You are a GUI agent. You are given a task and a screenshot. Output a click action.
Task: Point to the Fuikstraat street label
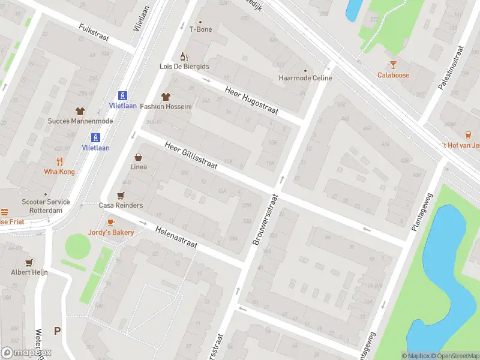[94, 32]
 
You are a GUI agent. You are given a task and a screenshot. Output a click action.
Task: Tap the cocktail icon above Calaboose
[393, 65]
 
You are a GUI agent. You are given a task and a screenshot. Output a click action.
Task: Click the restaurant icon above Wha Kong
[59, 161]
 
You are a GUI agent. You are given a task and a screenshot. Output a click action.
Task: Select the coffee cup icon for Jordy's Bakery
[111, 222]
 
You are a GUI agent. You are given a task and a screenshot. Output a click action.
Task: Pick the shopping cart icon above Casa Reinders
[121, 195]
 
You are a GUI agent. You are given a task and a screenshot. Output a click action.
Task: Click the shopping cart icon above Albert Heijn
[29, 262]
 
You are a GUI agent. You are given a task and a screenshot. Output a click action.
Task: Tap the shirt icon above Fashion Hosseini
[166, 96]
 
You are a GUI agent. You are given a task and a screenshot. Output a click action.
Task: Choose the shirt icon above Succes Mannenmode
[80, 111]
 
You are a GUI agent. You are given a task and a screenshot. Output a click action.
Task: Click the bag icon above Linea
[138, 157]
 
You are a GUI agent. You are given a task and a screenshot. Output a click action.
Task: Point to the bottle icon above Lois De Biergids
[184, 56]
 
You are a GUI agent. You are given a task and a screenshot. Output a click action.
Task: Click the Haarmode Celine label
[305, 78]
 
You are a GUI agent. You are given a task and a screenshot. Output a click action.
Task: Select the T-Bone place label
[200, 29]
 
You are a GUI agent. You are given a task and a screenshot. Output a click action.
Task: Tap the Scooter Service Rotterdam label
[46, 206]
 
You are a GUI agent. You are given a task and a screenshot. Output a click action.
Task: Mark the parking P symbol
[57, 331]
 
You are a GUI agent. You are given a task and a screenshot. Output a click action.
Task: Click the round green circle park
[77, 245]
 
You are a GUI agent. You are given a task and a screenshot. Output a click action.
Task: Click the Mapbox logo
[26, 353]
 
